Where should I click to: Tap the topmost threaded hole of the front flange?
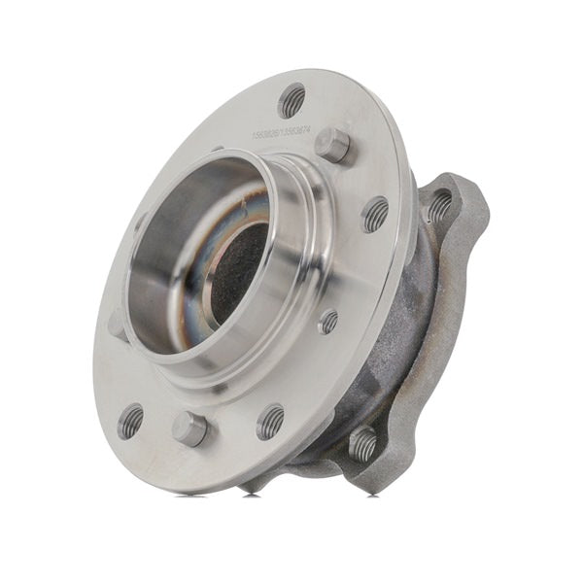point(291,100)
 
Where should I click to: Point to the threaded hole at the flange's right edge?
point(376,214)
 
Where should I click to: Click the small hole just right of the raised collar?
point(328,321)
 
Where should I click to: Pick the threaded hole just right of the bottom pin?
point(271,422)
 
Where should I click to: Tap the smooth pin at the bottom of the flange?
point(189,428)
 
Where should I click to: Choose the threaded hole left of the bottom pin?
point(130,421)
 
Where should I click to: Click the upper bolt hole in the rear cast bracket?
point(440,205)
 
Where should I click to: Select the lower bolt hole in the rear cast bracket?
point(362,445)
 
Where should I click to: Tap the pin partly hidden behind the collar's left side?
point(118,324)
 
